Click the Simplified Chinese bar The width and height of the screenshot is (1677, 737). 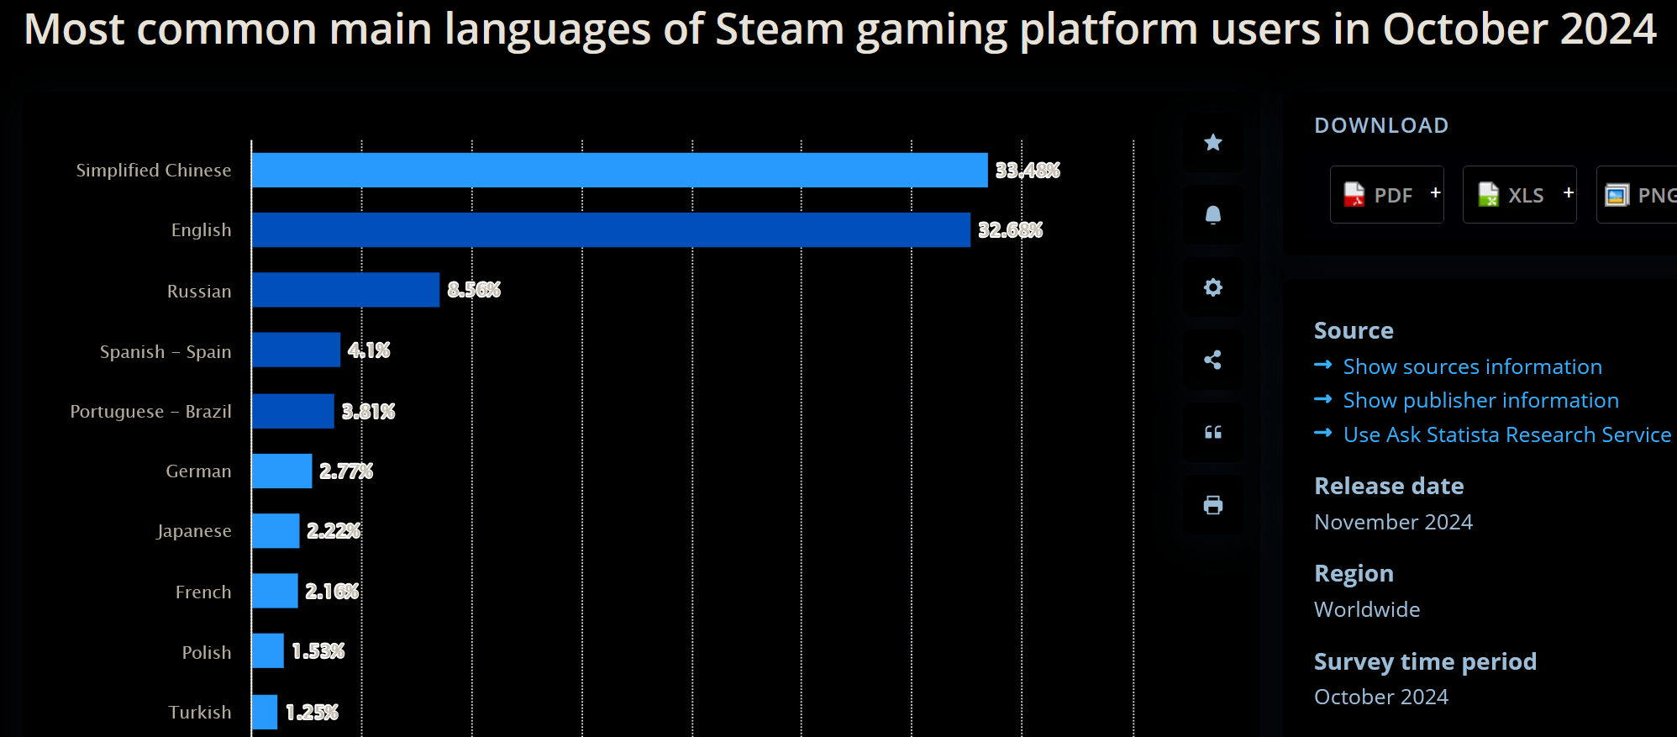click(619, 170)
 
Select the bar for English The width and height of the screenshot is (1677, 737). click(611, 230)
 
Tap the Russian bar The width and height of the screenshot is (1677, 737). click(345, 290)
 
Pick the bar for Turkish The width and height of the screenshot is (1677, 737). click(264, 712)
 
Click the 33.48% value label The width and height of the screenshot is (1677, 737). click(1027, 171)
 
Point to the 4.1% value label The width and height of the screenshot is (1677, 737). click(369, 350)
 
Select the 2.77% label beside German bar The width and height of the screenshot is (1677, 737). click(345, 471)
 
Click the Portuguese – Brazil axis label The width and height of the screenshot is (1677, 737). click(151, 412)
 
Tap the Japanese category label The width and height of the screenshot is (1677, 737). click(194, 531)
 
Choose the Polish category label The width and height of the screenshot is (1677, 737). click(207, 652)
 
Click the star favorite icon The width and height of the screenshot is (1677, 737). click(1212, 143)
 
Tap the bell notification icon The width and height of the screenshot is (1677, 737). click(1212, 215)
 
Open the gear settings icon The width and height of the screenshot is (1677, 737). click(1212, 287)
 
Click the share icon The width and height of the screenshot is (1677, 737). click(1212, 360)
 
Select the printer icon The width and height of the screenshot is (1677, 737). click(1212, 505)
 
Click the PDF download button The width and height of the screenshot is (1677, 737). click(1386, 195)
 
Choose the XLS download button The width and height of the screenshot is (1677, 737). click(1519, 195)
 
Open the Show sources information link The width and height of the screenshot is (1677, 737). click(1472, 366)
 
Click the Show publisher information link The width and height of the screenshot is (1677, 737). click(1480, 400)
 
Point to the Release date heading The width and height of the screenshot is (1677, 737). click(1389, 486)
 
